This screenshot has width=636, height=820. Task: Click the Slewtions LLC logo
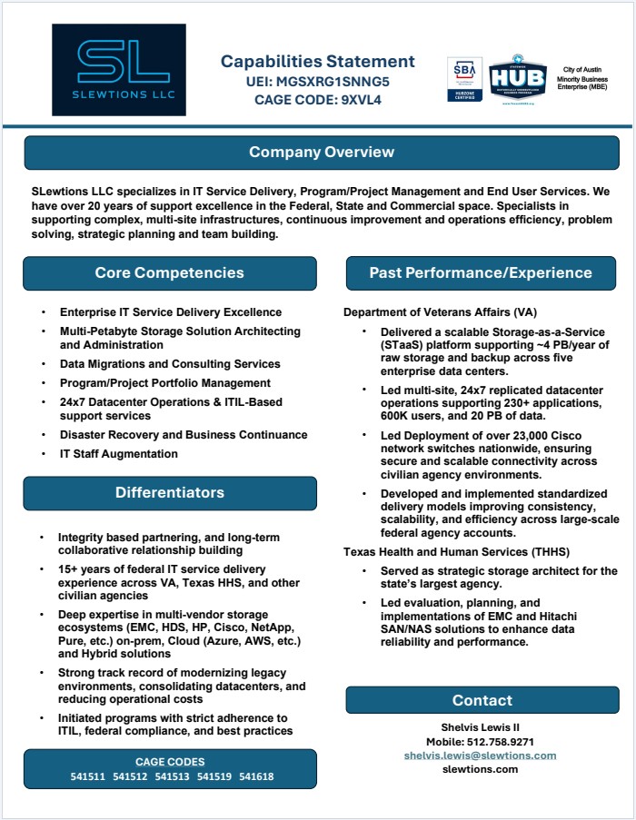(x=119, y=70)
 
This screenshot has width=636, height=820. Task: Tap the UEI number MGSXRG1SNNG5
(x=318, y=82)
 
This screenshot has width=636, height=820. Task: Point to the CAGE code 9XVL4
(x=318, y=100)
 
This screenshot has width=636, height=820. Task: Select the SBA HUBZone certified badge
(x=464, y=80)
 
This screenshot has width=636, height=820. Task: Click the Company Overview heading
(x=322, y=152)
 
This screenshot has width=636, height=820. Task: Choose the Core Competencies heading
(x=170, y=272)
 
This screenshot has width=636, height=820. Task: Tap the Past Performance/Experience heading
(x=481, y=272)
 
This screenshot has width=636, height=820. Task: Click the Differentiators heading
(x=170, y=492)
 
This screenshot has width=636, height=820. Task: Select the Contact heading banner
(x=482, y=700)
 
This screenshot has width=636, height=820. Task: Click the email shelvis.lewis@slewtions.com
(x=481, y=756)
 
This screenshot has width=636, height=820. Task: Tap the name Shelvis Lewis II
(x=482, y=727)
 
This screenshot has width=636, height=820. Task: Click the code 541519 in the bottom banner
(x=215, y=776)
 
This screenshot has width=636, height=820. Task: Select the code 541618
(x=257, y=776)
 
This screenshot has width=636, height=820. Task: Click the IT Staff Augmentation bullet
(x=119, y=454)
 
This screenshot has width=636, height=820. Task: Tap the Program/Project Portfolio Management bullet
(x=165, y=383)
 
